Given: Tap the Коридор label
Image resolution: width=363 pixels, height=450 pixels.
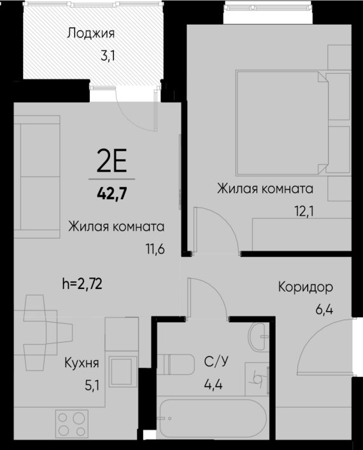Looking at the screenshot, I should [306, 287].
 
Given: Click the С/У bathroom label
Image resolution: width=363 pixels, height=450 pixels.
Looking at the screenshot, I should [217, 363].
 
